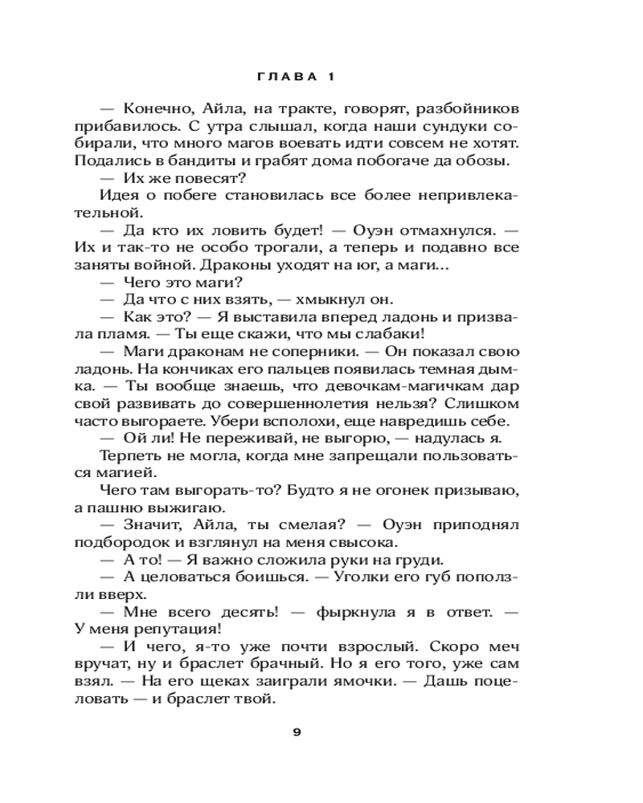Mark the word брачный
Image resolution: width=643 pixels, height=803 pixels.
pos(313,665)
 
